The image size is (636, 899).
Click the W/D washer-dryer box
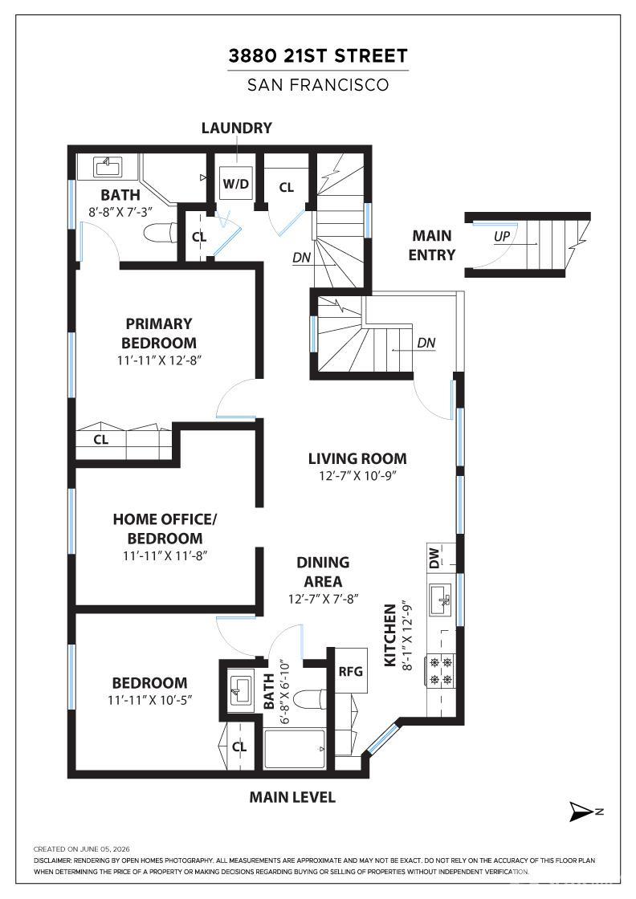tap(236, 184)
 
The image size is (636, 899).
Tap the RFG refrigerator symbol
tap(350, 671)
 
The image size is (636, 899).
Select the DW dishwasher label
tap(434, 557)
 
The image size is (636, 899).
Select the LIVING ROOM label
tap(357, 458)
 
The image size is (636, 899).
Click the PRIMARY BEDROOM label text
tap(159, 333)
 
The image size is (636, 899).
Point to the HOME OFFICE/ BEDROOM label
tap(165, 529)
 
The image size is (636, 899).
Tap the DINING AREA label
tap(323, 572)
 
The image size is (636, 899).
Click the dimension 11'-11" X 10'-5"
tap(149, 700)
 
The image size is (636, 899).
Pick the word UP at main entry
tap(502, 236)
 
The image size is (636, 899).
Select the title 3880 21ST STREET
tap(318, 55)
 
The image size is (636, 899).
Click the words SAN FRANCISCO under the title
tap(318, 85)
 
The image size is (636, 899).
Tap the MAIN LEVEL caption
tap(292, 797)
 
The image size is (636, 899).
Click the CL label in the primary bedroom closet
tap(101, 440)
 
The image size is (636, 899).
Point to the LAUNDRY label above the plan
tap(236, 128)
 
